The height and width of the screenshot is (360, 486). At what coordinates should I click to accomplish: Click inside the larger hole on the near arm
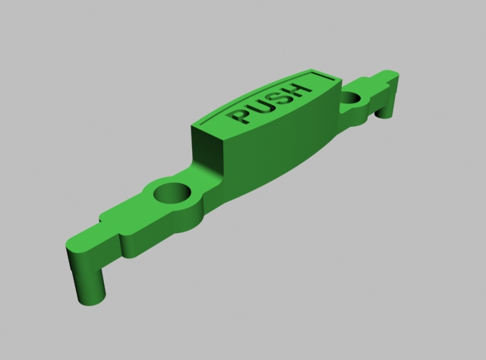[x=172, y=193]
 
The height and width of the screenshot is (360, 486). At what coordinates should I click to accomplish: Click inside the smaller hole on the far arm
[x=351, y=98]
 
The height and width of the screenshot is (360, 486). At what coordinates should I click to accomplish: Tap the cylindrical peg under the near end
[x=90, y=286]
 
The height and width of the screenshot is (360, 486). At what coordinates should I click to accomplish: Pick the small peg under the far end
[x=383, y=113]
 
